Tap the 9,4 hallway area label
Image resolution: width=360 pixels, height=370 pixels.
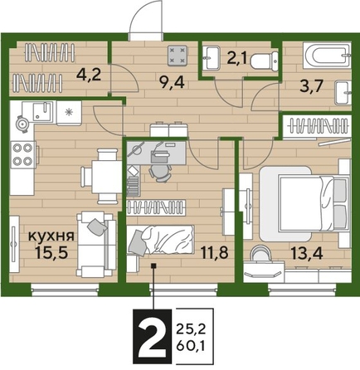(152, 81)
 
